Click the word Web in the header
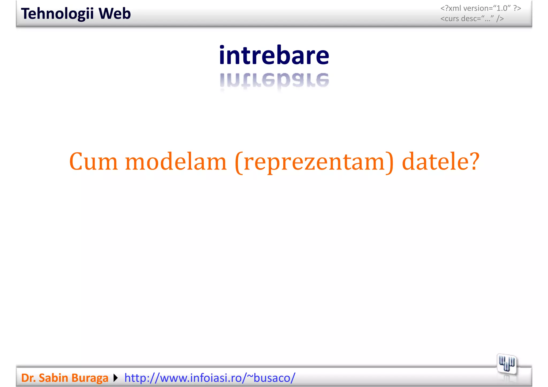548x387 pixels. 115,14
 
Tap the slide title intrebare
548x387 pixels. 274,55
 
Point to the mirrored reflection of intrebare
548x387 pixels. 274,80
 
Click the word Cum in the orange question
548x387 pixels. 93,162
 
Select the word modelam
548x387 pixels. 176,162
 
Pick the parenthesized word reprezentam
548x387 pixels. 314,162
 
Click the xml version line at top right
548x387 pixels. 481,9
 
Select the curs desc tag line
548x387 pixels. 472,19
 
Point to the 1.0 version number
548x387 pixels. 502,9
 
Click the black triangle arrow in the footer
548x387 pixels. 116,378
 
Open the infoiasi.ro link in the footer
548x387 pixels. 210,378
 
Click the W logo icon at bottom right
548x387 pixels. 507,364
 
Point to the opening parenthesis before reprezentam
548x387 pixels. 239,162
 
